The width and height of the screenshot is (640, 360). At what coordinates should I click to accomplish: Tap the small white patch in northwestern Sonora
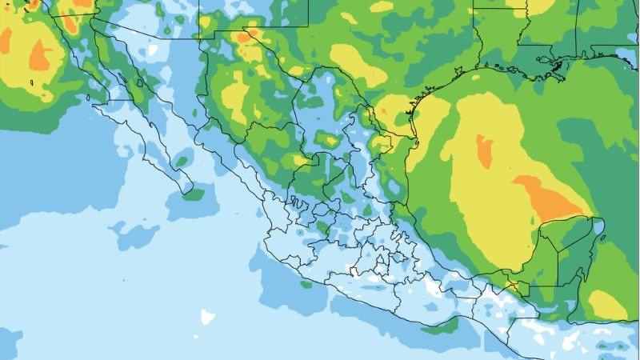click(152, 50)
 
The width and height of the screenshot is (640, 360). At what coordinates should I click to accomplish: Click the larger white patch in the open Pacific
click(208, 316)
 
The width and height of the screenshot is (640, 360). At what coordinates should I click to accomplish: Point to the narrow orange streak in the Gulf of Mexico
click(484, 151)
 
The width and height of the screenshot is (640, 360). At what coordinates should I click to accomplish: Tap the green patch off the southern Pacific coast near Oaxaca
click(439, 326)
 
